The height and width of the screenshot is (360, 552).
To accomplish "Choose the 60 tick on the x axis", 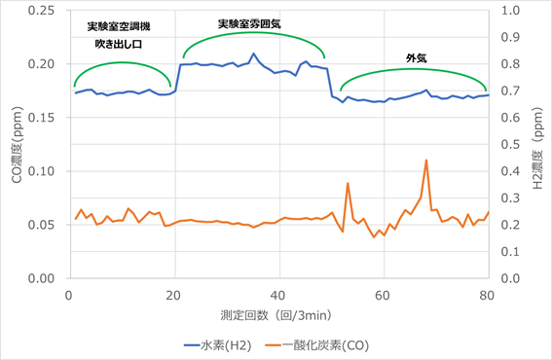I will (x=383, y=293).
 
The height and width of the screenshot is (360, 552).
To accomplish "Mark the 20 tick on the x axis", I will (x=173, y=293).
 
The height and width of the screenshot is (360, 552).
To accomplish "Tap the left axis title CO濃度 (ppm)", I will (x=15, y=146).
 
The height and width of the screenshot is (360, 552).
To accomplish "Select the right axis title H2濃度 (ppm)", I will (x=536, y=146).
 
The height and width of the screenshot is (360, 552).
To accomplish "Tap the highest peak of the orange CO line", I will (x=425, y=160).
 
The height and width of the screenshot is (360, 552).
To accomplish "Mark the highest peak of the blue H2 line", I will (x=253, y=54).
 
